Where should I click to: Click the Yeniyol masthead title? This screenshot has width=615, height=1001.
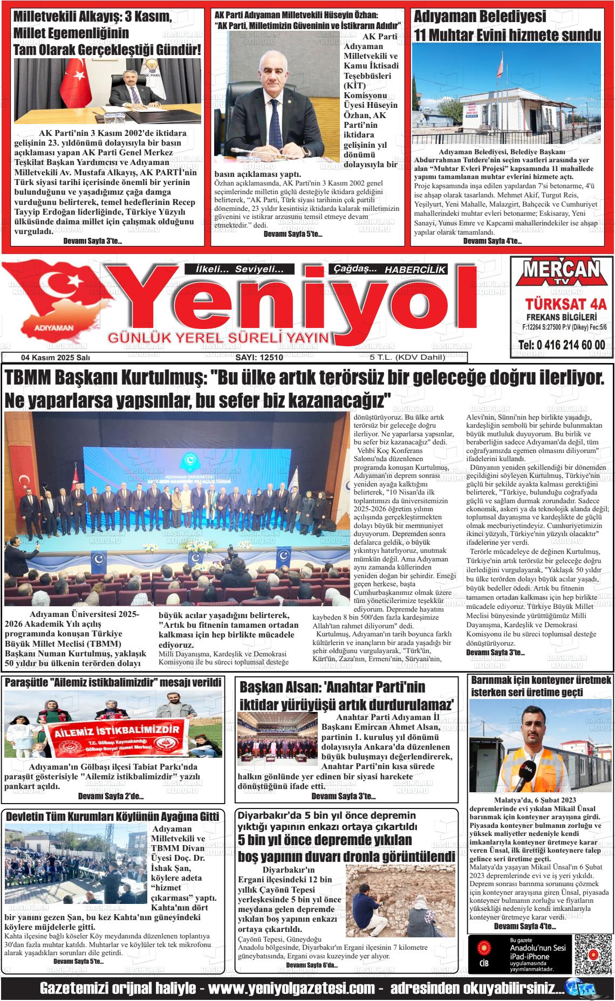pos(291,305)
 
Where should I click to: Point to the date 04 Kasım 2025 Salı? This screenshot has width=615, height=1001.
pos(56,358)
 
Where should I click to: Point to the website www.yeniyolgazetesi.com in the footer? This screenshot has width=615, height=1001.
pos(291,989)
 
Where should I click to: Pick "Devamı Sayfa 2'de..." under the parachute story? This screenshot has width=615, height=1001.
pos(111,796)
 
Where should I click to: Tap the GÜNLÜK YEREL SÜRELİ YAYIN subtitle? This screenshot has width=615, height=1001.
pos(218,338)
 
